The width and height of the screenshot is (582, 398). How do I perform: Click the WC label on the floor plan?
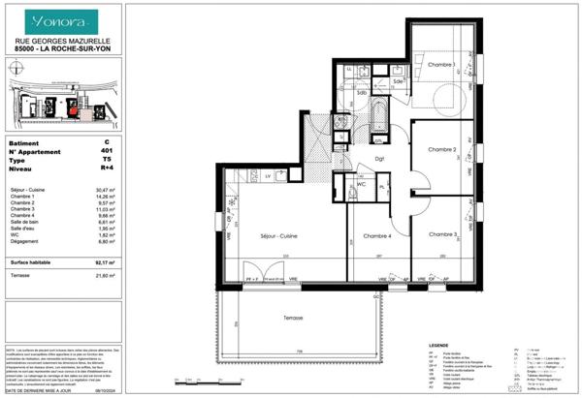point(360,183)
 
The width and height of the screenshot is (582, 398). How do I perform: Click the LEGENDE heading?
point(439,345)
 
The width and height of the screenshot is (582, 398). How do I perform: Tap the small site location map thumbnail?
point(59,95)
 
